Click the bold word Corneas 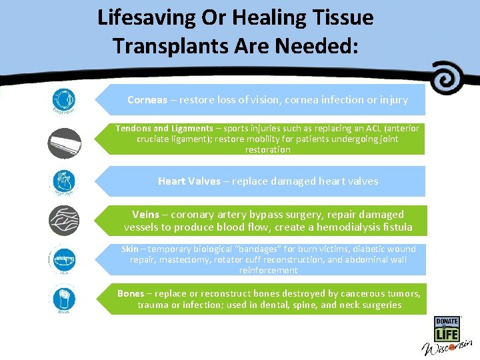coord(147,100)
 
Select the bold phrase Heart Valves coord(189,181)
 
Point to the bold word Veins coord(145,215)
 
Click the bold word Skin coord(130,249)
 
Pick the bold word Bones coord(131,294)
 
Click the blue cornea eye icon coord(65,100)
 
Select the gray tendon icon coord(65,143)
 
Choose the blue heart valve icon coord(65,181)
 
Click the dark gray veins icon coord(65,221)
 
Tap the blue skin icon coord(65,261)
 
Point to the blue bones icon coord(65,299)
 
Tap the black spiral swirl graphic coord(448,78)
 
